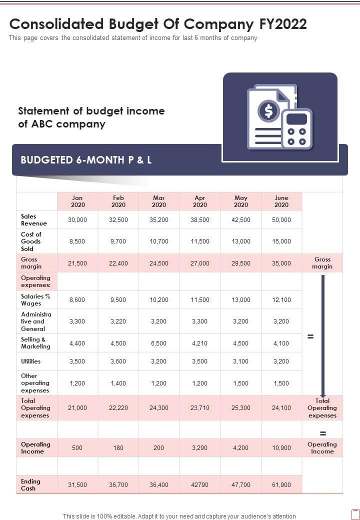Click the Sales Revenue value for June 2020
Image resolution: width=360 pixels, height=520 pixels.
click(281, 219)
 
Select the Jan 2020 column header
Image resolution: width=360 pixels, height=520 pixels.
click(77, 201)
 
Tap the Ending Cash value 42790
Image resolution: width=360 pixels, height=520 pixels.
click(199, 485)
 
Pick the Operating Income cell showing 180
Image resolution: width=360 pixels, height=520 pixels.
click(118, 447)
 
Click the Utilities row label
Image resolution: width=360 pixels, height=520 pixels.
click(31, 361)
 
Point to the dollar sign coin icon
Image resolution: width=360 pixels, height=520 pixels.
click(269, 111)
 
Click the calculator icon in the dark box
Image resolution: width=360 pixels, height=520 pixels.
click(296, 128)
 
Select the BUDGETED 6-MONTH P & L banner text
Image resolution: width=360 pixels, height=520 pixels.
click(86, 160)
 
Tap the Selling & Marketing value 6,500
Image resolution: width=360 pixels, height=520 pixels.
click(159, 343)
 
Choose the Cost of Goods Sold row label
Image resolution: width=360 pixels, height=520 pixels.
click(31, 241)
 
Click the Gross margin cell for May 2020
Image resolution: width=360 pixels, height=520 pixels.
click(241, 263)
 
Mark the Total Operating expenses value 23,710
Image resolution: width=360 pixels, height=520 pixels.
click(199, 408)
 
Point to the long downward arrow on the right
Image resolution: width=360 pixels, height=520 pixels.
click(323, 335)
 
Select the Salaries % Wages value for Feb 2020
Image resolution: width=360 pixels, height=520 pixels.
click(118, 299)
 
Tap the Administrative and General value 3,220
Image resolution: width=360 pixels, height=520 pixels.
click(118, 321)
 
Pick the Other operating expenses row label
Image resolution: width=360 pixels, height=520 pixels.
click(35, 383)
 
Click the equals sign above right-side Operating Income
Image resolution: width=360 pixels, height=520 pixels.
click(322, 433)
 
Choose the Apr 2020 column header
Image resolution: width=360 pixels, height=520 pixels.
click(199, 201)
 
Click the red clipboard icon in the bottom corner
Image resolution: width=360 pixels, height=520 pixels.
click(355, 514)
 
